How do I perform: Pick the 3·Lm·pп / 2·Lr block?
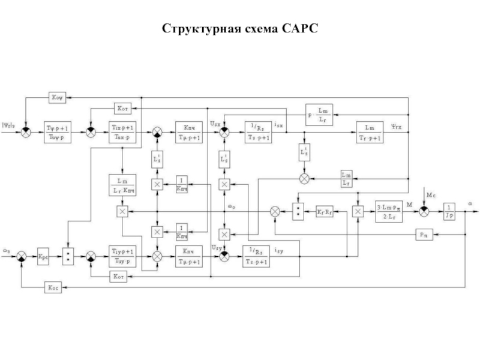(388, 211)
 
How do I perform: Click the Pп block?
(424, 235)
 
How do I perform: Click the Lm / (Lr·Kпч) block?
(122, 184)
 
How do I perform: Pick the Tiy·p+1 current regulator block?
(122, 256)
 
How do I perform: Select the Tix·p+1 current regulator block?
(122, 131)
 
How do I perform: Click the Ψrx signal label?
(398, 126)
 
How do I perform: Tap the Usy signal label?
(215, 247)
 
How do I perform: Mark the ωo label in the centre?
(232, 207)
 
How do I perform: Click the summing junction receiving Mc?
(424, 211)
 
